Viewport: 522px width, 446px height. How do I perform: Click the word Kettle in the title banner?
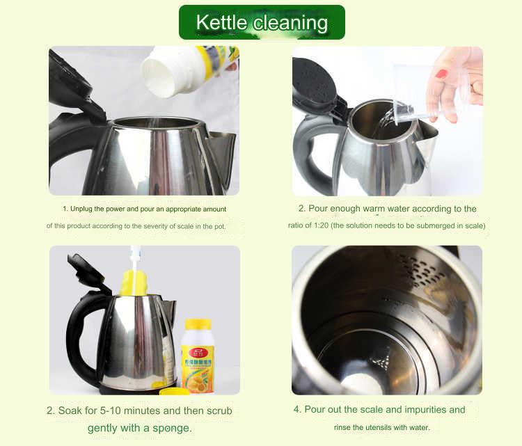(x=221, y=23)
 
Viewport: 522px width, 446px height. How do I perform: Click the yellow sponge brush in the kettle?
(x=134, y=282)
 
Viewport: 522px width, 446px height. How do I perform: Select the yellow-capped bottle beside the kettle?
(x=197, y=355)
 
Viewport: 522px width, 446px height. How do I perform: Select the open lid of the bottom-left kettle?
(x=89, y=271)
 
